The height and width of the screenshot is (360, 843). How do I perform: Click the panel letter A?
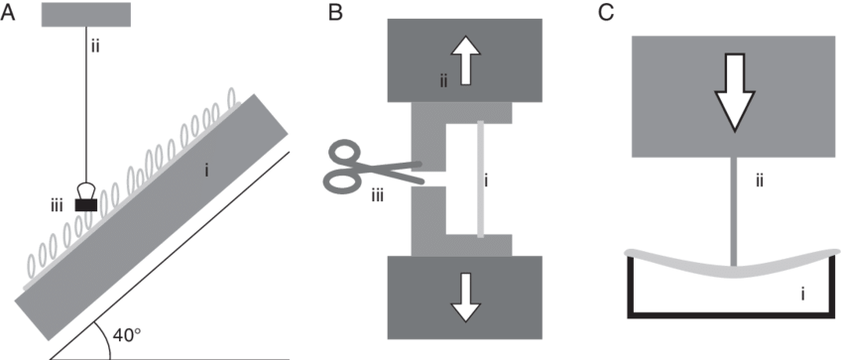pyautogui.click(x=9, y=12)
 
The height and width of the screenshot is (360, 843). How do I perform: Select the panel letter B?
pyautogui.click(x=336, y=12)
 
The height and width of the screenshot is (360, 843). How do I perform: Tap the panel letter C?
pyautogui.click(x=607, y=12)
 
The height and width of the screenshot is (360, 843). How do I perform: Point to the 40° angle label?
pyautogui.click(x=128, y=335)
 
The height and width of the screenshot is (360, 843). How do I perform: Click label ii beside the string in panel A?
pyautogui.click(x=95, y=45)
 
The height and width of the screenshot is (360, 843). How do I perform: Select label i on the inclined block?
pyautogui.click(x=205, y=171)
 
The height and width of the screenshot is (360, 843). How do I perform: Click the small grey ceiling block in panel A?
pyautogui.click(x=87, y=15)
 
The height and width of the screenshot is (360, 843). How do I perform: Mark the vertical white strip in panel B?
pyautogui.click(x=480, y=179)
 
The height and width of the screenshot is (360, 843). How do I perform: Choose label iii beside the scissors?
pyautogui.click(x=378, y=194)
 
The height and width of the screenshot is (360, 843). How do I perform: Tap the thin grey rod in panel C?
pyautogui.click(x=733, y=208)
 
